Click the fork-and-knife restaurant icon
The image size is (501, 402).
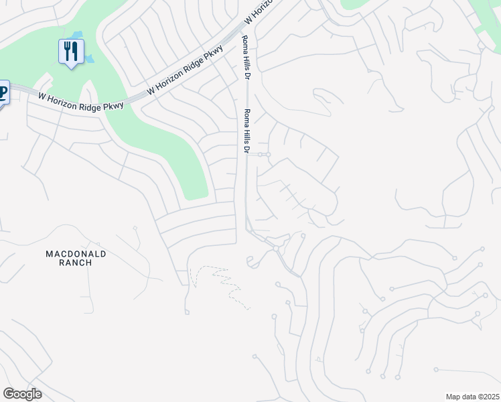(x=70, y=52)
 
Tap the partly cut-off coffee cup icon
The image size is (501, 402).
(x=3, y=92)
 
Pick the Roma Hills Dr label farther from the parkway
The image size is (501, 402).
(x=247, y=131)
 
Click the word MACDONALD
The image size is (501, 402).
(x=76, y=254)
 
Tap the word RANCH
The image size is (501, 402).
(x=76, y=263)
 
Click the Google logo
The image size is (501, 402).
(x=22, y=394)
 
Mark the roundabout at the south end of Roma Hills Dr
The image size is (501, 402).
(x=275, y=249)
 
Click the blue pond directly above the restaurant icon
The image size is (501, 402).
(x=77, y=35)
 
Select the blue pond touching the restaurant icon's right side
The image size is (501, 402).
(x=88, y=58)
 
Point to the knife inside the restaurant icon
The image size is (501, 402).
(x=75, y=50)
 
